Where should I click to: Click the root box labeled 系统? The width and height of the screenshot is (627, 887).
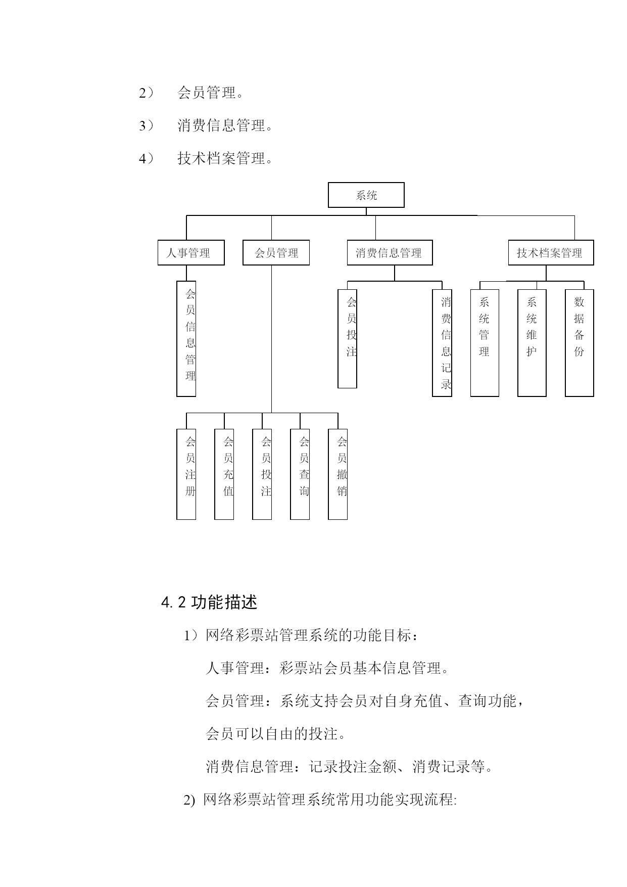366,195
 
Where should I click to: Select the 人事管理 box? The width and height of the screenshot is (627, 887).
191,253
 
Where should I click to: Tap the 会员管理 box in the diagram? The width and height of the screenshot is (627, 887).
276,253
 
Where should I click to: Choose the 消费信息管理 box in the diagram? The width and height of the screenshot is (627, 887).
390,253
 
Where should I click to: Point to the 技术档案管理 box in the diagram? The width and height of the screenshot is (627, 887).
551,253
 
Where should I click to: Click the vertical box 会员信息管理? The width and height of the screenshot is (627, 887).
186,339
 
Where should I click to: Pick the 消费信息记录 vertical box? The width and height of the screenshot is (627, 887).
442,343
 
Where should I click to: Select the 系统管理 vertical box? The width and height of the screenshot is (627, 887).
485,343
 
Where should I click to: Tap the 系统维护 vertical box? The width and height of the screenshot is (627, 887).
532,343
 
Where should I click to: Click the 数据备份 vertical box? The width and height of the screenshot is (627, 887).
580,343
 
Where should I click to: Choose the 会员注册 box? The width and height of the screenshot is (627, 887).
186,474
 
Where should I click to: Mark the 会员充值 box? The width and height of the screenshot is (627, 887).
224,474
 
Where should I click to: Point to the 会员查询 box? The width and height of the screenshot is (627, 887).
300,474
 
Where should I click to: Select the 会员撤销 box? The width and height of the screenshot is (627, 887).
337,474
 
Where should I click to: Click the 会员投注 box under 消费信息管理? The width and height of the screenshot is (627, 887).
347,339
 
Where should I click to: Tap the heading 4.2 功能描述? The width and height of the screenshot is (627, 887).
209,602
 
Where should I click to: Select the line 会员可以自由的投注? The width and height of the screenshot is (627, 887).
276,734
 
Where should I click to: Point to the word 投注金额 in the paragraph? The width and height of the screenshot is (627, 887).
368,767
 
